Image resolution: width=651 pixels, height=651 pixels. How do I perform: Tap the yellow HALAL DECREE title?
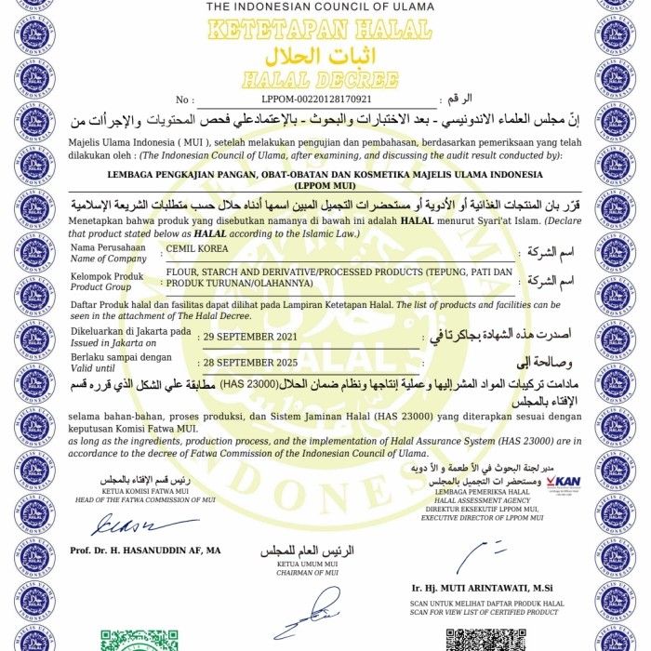tap(319, 78)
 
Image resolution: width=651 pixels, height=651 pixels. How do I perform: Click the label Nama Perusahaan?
tap(108, 248)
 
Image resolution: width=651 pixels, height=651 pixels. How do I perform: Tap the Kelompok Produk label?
tap(108, 277)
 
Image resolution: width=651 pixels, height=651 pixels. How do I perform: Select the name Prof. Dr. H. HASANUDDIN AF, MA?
tap(145, 551)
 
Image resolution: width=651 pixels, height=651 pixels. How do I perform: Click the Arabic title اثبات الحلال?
tap(318, 53)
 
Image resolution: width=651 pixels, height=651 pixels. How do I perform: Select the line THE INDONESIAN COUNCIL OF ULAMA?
tap(320, 7)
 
